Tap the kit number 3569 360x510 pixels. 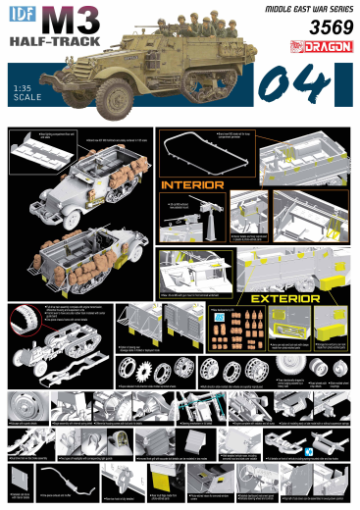point(315,29)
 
